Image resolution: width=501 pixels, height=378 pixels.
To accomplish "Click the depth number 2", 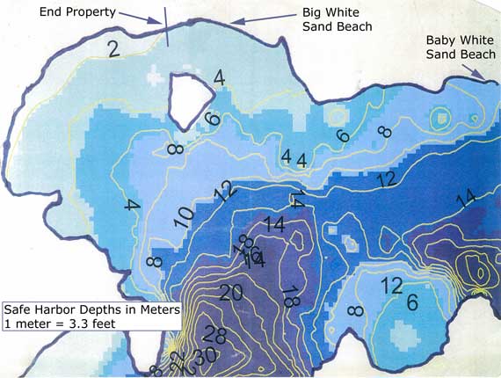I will (114, 49).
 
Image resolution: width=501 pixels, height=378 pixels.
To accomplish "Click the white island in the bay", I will (191, 97).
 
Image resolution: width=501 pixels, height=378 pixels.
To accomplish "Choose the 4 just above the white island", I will (219, 77).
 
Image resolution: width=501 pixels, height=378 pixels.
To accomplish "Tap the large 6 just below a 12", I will (411, 302).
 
